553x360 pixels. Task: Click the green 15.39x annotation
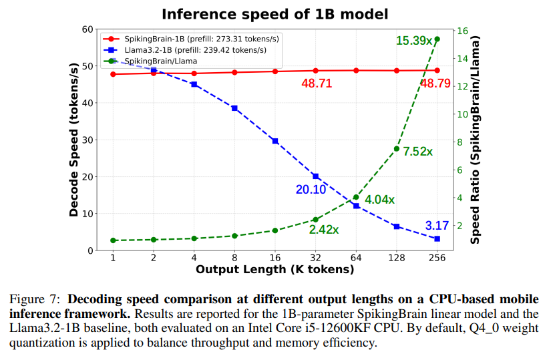click(414, 41)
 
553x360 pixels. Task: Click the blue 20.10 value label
click(311, 190)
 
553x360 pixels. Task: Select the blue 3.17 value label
click(437, 225)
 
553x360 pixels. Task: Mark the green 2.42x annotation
click(324, 229)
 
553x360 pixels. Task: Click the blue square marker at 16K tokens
click(275, 141)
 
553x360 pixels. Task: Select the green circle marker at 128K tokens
click(397, 148)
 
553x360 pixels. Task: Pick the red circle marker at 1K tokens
click(114, 74)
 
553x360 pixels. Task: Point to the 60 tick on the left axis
click(88, 29)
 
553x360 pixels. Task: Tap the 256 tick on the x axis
click(437, 258)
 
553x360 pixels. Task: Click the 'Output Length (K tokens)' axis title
click(274, 270)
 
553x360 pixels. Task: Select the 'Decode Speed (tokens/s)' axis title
click(74, 140)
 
